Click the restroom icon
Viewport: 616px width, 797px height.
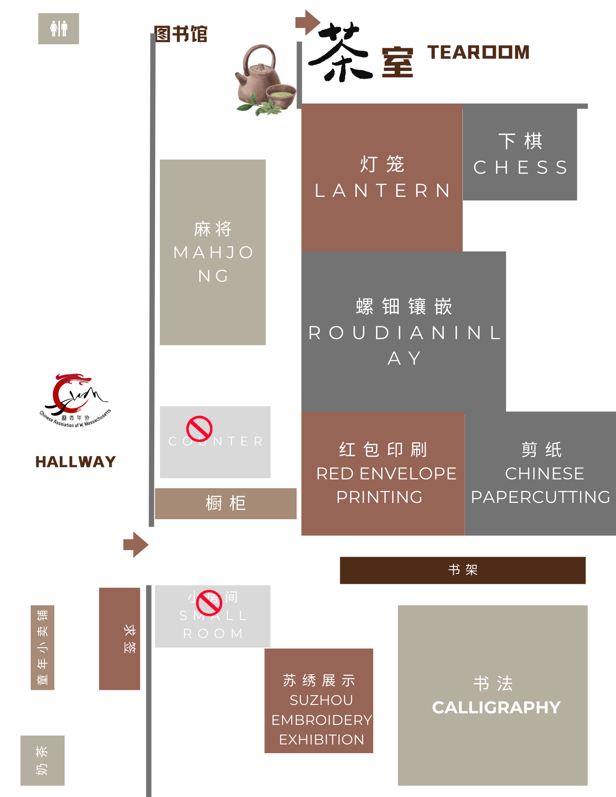59,29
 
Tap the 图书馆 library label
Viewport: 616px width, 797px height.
181,34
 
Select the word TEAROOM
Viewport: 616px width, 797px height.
478,52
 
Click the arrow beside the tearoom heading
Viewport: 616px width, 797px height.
307,22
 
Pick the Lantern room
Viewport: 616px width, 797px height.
382,177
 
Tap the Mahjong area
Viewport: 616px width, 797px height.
213,252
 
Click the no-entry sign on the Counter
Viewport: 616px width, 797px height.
199,429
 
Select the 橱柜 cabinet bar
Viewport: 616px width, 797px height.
226,503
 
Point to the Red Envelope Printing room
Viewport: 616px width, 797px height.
383,473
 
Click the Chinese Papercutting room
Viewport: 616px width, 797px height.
540,473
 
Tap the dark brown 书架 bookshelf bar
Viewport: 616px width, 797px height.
462,570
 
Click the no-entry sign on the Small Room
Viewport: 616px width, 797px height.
209,603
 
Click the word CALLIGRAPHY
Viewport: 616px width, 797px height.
496,708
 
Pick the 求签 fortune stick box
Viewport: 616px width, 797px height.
120,638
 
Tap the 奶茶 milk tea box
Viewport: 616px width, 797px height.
42,760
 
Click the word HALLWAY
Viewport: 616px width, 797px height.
76,462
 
